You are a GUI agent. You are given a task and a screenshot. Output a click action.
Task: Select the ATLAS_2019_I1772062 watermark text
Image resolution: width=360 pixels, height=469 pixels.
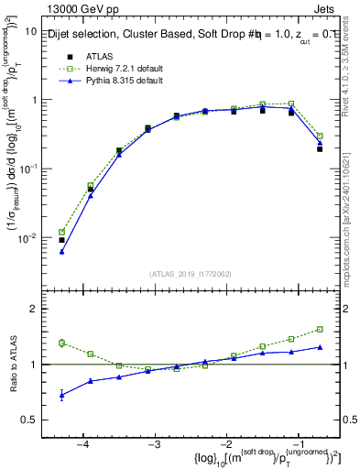pyautogui.click(x=191, y=273)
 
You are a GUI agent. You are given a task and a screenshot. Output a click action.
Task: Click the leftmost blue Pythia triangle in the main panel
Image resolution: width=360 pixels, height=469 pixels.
pyautogui.click(x=61, y=251)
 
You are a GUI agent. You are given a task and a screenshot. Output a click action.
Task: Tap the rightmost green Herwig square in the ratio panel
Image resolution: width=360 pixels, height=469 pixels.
pyautogui.click(x=320, y=329)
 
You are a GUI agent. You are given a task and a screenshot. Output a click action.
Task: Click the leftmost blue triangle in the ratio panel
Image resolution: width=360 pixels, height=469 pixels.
pyautogui.click(x=61, y=395)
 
